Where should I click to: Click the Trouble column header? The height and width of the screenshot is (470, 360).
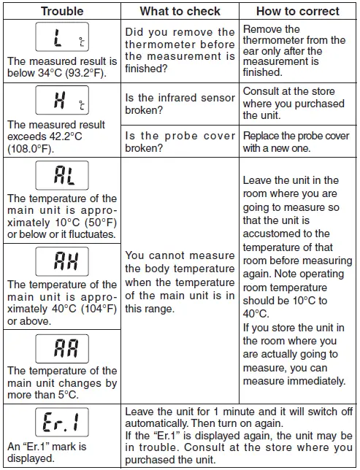61,11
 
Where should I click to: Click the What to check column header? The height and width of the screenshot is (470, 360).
179,11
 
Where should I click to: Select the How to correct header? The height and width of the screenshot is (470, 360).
298,11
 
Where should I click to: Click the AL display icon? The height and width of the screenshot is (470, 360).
61,175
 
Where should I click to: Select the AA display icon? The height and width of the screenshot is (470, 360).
61,348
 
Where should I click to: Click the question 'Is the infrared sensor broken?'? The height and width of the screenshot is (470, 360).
180,104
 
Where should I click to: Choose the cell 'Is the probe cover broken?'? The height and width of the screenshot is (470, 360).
180,142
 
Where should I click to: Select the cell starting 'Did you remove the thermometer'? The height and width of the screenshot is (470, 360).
180,52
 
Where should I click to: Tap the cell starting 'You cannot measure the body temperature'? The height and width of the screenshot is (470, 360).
180,282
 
